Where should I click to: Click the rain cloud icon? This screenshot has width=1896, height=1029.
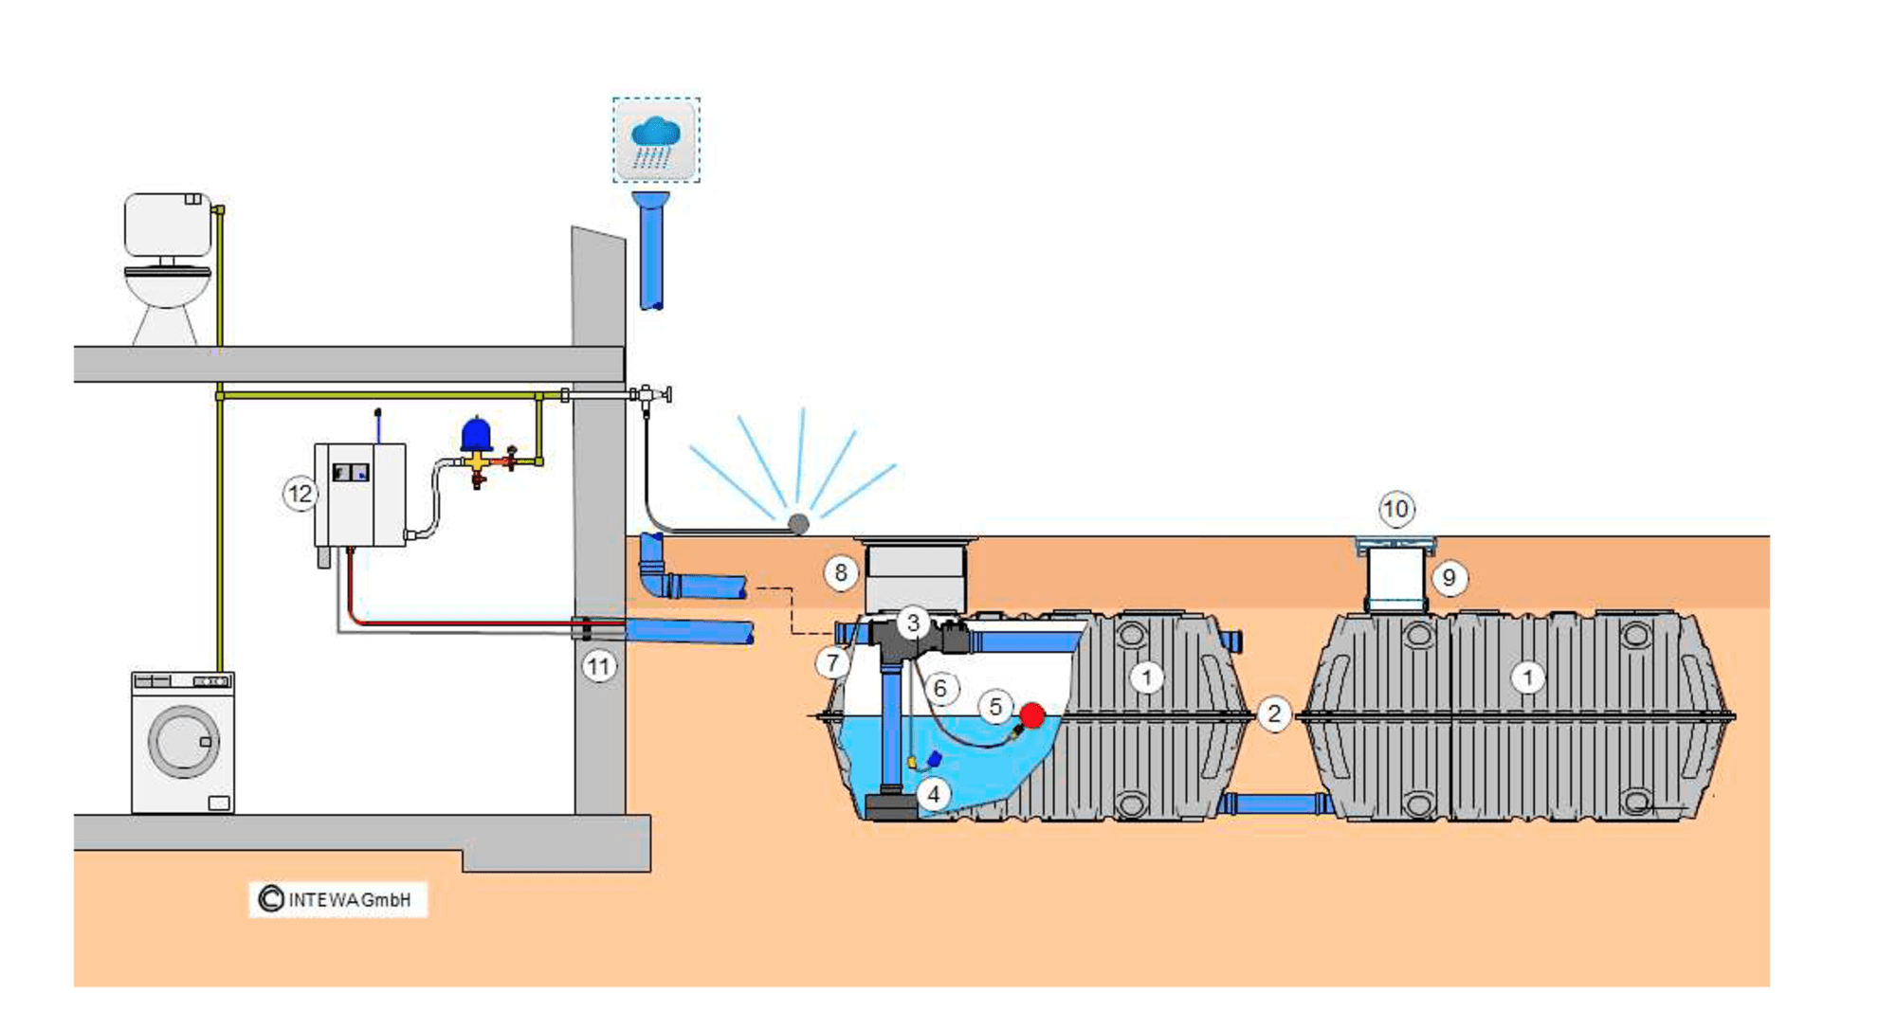656,140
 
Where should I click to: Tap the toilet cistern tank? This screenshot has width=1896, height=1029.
168,225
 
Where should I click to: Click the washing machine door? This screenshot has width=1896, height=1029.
184,741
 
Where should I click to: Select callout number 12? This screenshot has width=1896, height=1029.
301,494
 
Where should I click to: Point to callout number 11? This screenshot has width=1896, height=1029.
598,667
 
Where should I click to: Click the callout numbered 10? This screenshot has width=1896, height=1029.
1395,510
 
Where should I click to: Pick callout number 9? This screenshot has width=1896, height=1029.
1449,578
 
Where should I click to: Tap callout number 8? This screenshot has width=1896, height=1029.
841,573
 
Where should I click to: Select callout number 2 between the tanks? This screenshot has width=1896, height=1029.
1274,713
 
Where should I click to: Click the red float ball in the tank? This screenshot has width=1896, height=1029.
1032,715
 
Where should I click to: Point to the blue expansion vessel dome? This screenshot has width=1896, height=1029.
476,433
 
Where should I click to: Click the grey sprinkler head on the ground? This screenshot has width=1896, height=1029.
799,524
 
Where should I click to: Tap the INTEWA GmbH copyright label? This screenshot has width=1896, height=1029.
338,899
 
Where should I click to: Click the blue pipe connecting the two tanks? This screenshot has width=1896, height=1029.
1275,804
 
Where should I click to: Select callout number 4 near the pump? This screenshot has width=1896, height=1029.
934,794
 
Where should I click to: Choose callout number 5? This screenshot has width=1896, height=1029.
995,707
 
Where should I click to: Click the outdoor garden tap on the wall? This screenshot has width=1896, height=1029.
649,395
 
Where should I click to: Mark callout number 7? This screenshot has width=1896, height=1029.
832,662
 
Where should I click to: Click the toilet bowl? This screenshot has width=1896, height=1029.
168,289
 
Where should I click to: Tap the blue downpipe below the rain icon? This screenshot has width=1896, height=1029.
651,251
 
